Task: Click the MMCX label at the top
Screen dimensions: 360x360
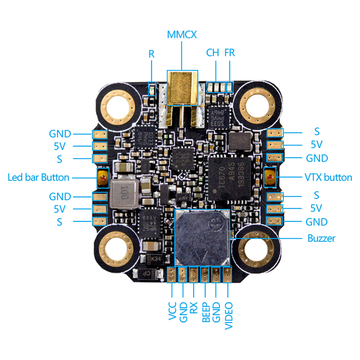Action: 182,35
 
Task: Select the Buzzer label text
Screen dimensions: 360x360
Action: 321,238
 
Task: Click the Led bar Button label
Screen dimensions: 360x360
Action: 39,177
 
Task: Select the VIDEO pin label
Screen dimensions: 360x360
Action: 228,316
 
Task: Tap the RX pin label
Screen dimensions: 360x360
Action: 194,308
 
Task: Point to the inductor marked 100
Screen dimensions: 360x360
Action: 124,193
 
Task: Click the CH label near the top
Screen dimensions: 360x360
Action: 212,53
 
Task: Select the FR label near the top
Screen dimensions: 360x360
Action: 229,53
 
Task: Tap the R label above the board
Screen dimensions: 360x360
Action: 152,54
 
